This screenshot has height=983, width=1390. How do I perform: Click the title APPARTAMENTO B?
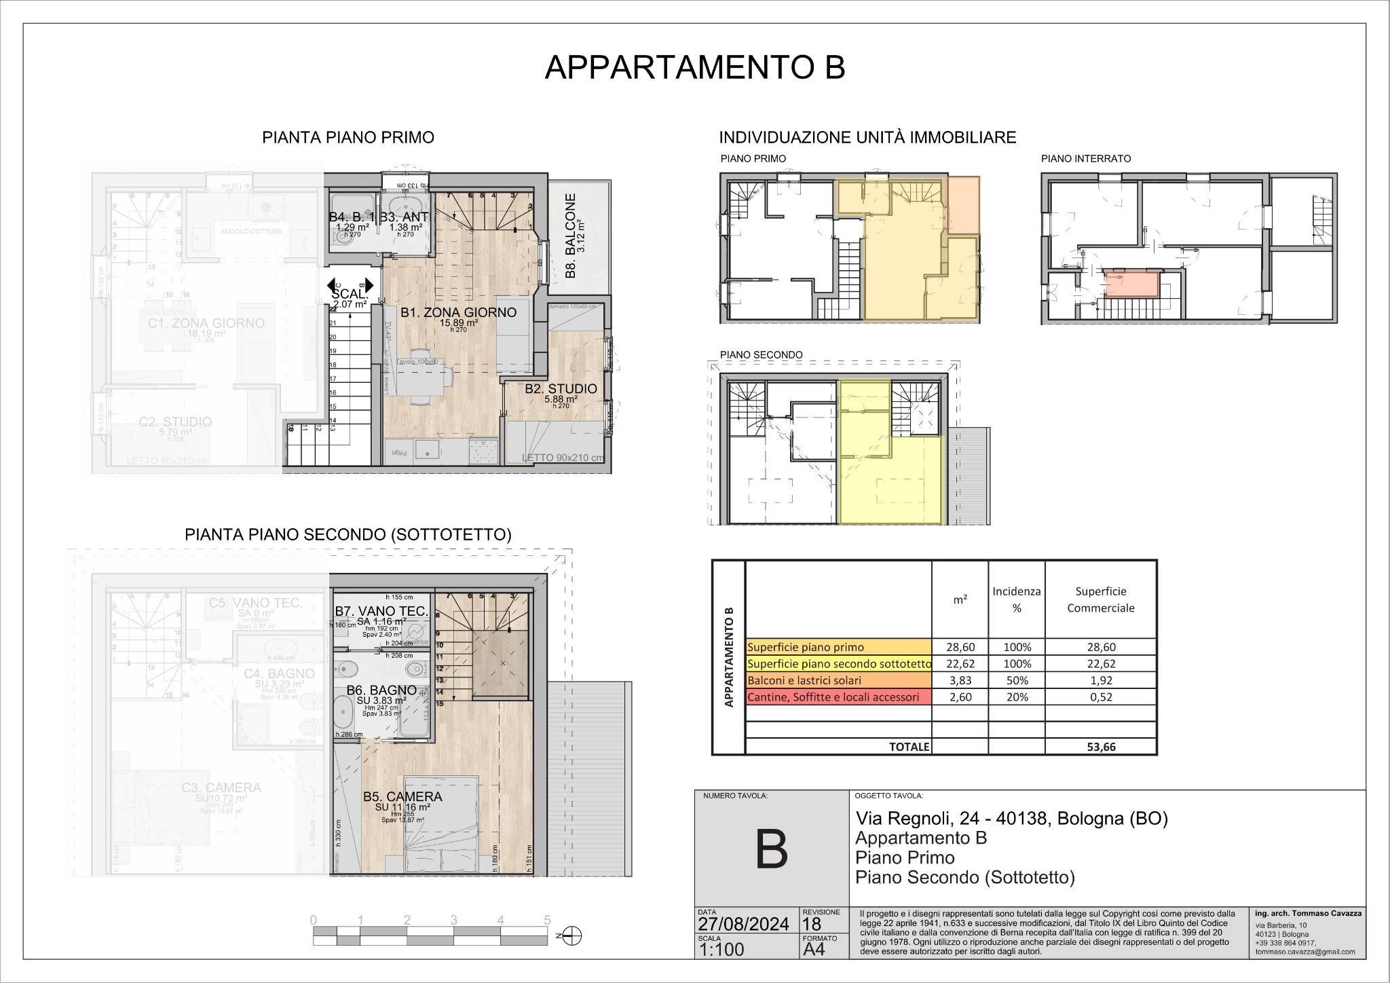(695, 68)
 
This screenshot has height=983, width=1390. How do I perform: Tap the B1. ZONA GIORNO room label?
(458, 312)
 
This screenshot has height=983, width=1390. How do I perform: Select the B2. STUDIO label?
(561, 389)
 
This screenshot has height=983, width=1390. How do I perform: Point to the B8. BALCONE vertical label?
(571, 236)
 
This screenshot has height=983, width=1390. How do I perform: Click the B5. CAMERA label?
(402, 796)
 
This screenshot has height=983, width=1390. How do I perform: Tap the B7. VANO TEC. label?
(381, 611)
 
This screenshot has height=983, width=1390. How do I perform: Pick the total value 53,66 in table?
(1101, 747)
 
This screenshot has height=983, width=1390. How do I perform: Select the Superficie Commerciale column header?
(1101, 599)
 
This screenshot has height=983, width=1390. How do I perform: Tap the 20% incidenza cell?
(1017, 697)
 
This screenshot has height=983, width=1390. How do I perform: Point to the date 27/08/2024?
(744, 924)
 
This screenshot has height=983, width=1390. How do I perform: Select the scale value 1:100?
(721, 949)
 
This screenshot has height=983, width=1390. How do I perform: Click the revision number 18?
(811, 924)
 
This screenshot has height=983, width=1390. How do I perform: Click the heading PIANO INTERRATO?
(1086, 158)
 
